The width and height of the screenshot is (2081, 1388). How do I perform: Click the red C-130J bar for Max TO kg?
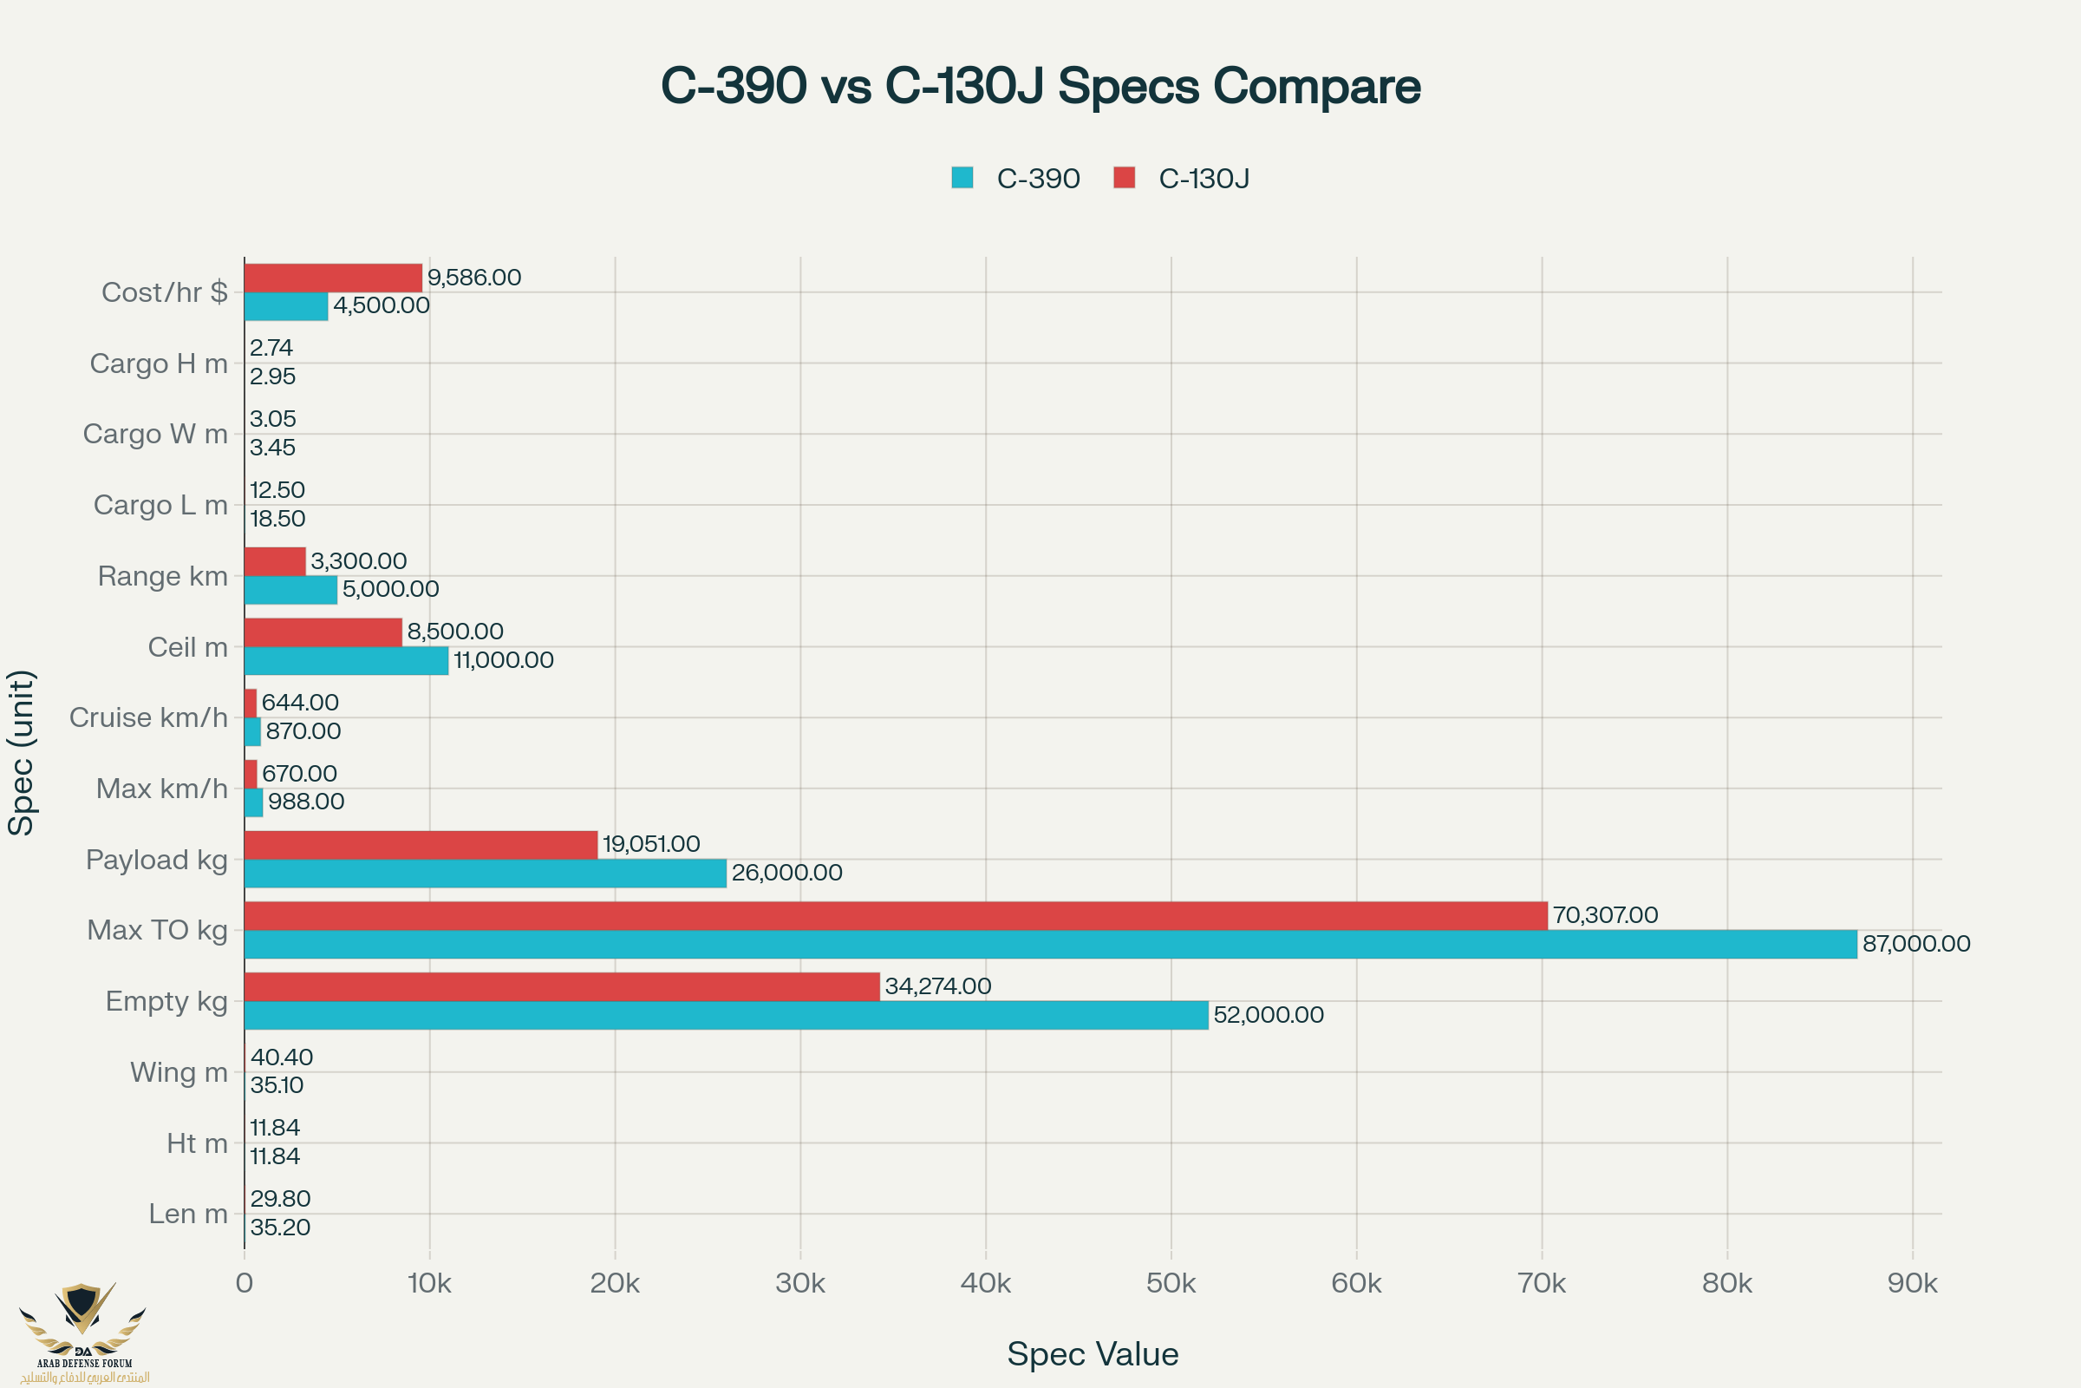tap(896, 915)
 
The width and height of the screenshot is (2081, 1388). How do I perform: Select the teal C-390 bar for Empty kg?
tap(726, 1015)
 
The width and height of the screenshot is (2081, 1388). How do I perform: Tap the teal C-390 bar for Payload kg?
tap(485, 874)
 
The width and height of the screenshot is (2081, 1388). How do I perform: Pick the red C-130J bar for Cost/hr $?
tap(333, 278)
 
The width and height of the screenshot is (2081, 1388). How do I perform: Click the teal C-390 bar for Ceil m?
tap(346, 661)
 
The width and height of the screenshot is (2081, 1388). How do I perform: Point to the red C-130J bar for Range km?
tap(274, 561)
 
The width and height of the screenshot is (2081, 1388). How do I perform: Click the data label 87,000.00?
tap(1915, 944)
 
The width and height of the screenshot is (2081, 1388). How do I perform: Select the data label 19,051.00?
tap(651, 843)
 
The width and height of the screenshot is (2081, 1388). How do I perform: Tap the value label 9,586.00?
tap(474, 278)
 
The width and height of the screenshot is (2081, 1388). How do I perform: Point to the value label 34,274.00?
tap(938, 986)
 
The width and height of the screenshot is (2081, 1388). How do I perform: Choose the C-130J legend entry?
tap(1182, 178)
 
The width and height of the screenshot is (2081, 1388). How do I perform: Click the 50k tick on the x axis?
tap(1171, 1283)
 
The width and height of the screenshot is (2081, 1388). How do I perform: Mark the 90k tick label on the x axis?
tap(1912, 1283)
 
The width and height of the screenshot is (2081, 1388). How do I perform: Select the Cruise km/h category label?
tap(148, 718)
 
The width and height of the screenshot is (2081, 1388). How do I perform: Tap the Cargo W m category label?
tap(156, 434)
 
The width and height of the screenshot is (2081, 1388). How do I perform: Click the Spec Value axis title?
tap(1093, 1354)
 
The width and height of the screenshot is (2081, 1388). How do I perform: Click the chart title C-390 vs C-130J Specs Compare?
tap(1040, 86)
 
